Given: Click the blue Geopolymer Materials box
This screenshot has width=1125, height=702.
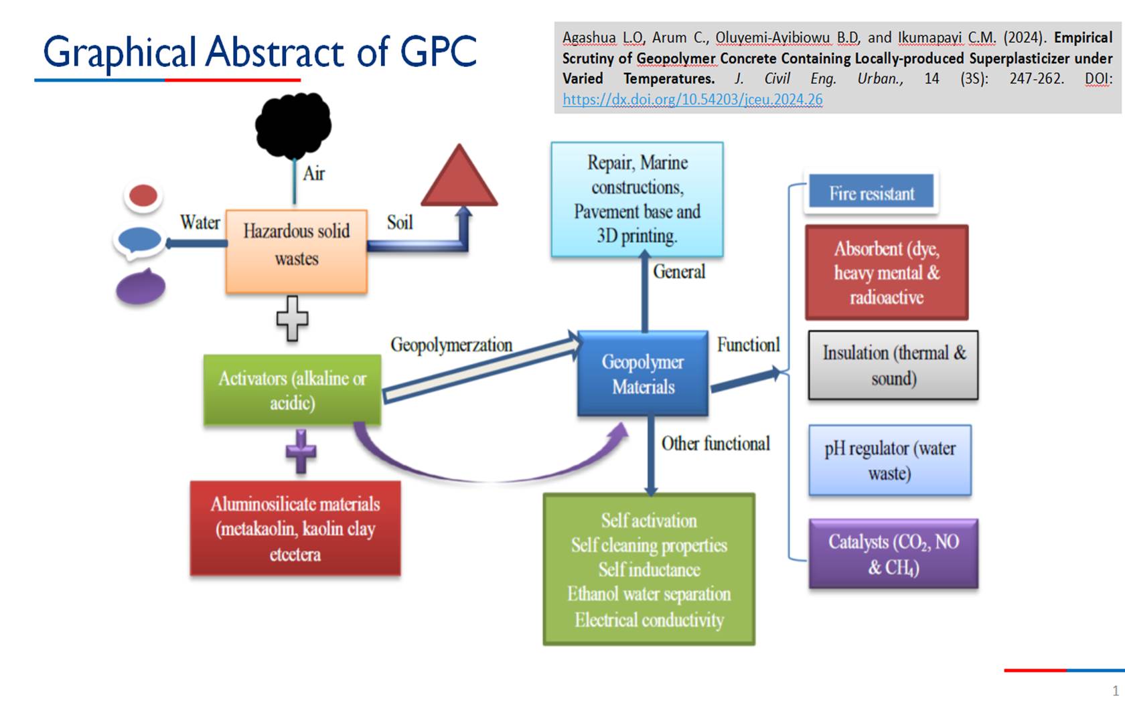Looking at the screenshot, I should (643, 373).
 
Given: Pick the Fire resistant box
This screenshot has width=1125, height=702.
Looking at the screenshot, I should (871, 193).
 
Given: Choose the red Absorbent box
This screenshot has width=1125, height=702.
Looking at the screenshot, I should (887, 272).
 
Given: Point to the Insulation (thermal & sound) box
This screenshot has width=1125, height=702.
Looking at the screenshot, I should (893, 365).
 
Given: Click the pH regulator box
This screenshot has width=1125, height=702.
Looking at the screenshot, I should (889, 460).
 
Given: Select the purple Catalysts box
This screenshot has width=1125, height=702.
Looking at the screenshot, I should (893, 554).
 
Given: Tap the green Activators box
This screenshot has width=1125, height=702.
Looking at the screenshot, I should (293, 390).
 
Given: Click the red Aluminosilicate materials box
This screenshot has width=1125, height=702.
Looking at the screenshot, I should (295, 529).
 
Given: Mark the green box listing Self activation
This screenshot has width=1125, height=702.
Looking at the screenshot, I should (649, 569).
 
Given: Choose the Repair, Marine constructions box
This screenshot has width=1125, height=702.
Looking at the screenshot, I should (637, 199).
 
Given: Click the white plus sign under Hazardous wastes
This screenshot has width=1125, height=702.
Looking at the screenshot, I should (293, 318).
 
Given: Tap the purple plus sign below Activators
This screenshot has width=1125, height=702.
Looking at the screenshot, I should (301, 452).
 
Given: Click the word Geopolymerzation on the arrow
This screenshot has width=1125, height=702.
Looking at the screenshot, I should (451, 345).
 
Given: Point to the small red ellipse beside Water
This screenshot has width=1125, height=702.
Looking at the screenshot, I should (143, 196).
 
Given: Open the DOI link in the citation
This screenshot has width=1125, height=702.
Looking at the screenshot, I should (692, 100).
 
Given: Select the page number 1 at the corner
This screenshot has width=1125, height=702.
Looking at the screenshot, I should (1115, 690).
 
